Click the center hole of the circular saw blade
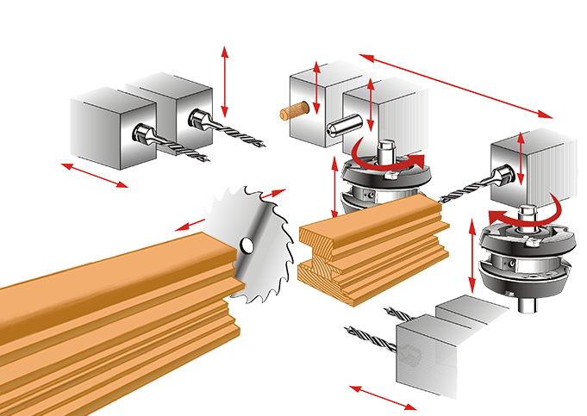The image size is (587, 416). pos(247,245)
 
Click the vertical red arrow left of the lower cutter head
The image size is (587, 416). pos(473,254)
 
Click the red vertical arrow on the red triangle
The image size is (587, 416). pos(224,82)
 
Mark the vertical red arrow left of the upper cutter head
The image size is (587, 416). pos(335,188)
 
